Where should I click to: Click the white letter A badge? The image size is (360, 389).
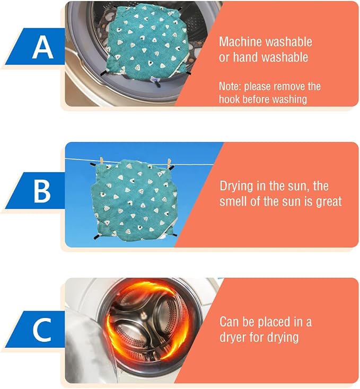click(42, 47)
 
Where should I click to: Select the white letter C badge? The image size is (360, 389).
click(42, 331)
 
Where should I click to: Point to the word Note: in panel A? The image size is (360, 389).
click(230, 86)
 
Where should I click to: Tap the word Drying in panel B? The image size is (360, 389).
click(236, 187)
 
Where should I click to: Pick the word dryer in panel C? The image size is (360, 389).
click(233, 338)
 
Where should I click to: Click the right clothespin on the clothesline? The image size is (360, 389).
click(169, 163)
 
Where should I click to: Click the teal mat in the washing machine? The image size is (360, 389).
click(147, 43)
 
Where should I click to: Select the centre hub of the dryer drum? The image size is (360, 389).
click(143, 315)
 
